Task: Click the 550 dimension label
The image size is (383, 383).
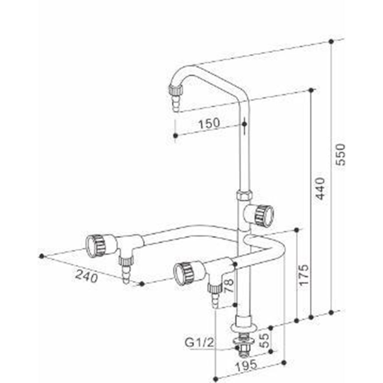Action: click(340, 155)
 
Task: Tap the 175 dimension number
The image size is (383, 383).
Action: click(304, 275)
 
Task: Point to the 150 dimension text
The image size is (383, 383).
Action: click(209, 123)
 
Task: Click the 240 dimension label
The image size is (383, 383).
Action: click(87, 276)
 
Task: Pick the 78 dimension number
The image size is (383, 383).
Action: click(229, 286)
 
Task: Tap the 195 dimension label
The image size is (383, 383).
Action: click(246, 366)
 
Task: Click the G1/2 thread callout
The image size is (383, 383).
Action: click(199, 342)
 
